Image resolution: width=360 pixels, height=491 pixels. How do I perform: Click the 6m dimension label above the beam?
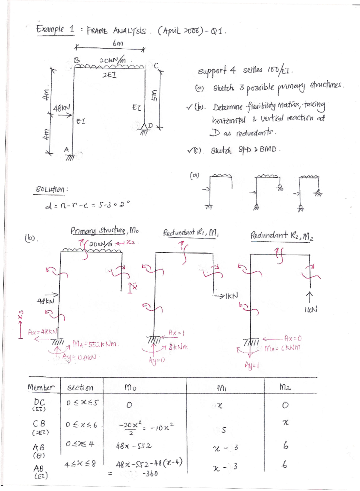coord(118,44)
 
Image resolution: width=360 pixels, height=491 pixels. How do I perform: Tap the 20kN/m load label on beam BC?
coord(112,60)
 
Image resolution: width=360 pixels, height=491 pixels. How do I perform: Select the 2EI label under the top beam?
coord(109,75)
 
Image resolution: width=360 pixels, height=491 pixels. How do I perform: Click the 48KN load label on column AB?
coord(61,108)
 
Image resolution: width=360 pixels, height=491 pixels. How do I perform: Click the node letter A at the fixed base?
coord(67,149)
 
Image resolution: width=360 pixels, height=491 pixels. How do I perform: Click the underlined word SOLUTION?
coord(50,190)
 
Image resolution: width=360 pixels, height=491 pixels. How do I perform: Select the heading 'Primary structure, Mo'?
coord(104,231)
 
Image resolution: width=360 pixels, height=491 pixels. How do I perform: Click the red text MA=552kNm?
coord(96,344)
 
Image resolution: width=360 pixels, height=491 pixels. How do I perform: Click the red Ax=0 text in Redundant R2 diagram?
coord(293,339)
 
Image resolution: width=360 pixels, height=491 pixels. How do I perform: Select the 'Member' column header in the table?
coord(41,387)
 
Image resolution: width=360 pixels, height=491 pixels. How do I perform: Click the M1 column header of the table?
coord(221,388)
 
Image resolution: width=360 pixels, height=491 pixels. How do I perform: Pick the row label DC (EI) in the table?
coord(39,405)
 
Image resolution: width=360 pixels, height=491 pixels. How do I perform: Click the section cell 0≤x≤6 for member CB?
coord(81,425)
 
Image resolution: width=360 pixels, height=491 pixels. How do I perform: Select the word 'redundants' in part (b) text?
coord(255,133)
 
